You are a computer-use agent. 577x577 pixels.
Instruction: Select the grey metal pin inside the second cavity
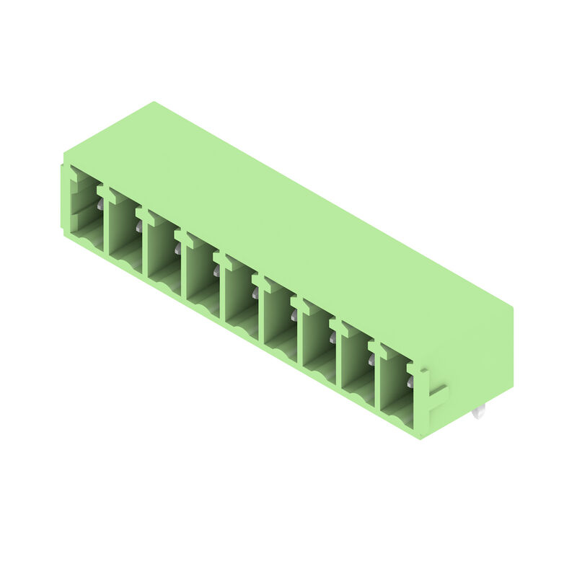pyautogui.click(x=138, y=227)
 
